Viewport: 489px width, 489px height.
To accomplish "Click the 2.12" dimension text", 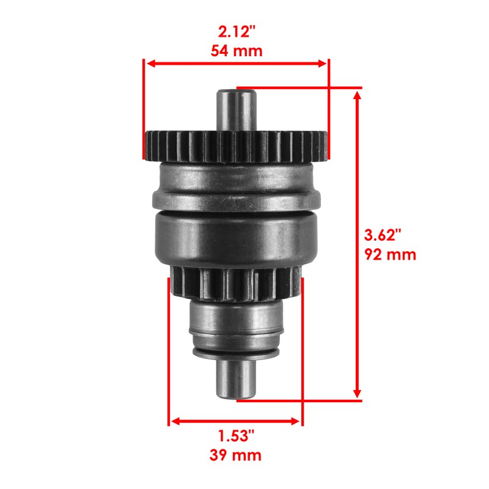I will pyautogui.click(x=236, y=31).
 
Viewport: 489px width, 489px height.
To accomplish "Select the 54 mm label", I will pyautogui.click(x=236, y=50).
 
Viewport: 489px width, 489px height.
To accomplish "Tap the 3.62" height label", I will pyautogui.click(x=383, y=235).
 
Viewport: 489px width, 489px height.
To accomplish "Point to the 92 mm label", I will pyautogui.click(x=390, y=254).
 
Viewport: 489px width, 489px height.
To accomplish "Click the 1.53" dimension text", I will pyautogui.click(x=236, y=436).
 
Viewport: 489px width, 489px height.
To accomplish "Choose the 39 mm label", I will pyautogui.click(x=236, y=455).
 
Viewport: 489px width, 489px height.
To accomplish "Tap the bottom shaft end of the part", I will pyautogui.click(x=237, y=382).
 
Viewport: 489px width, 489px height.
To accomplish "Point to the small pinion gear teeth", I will pyautogui.click(x=237, y=284).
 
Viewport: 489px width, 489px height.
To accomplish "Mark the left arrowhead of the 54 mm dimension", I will pyautogui.click(x=149, y=63).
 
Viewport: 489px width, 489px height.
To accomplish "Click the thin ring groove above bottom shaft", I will pyautogui.click(x=237, y=353).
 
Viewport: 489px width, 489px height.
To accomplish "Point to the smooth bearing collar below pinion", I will pyautogui.click(x=237, y=321).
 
